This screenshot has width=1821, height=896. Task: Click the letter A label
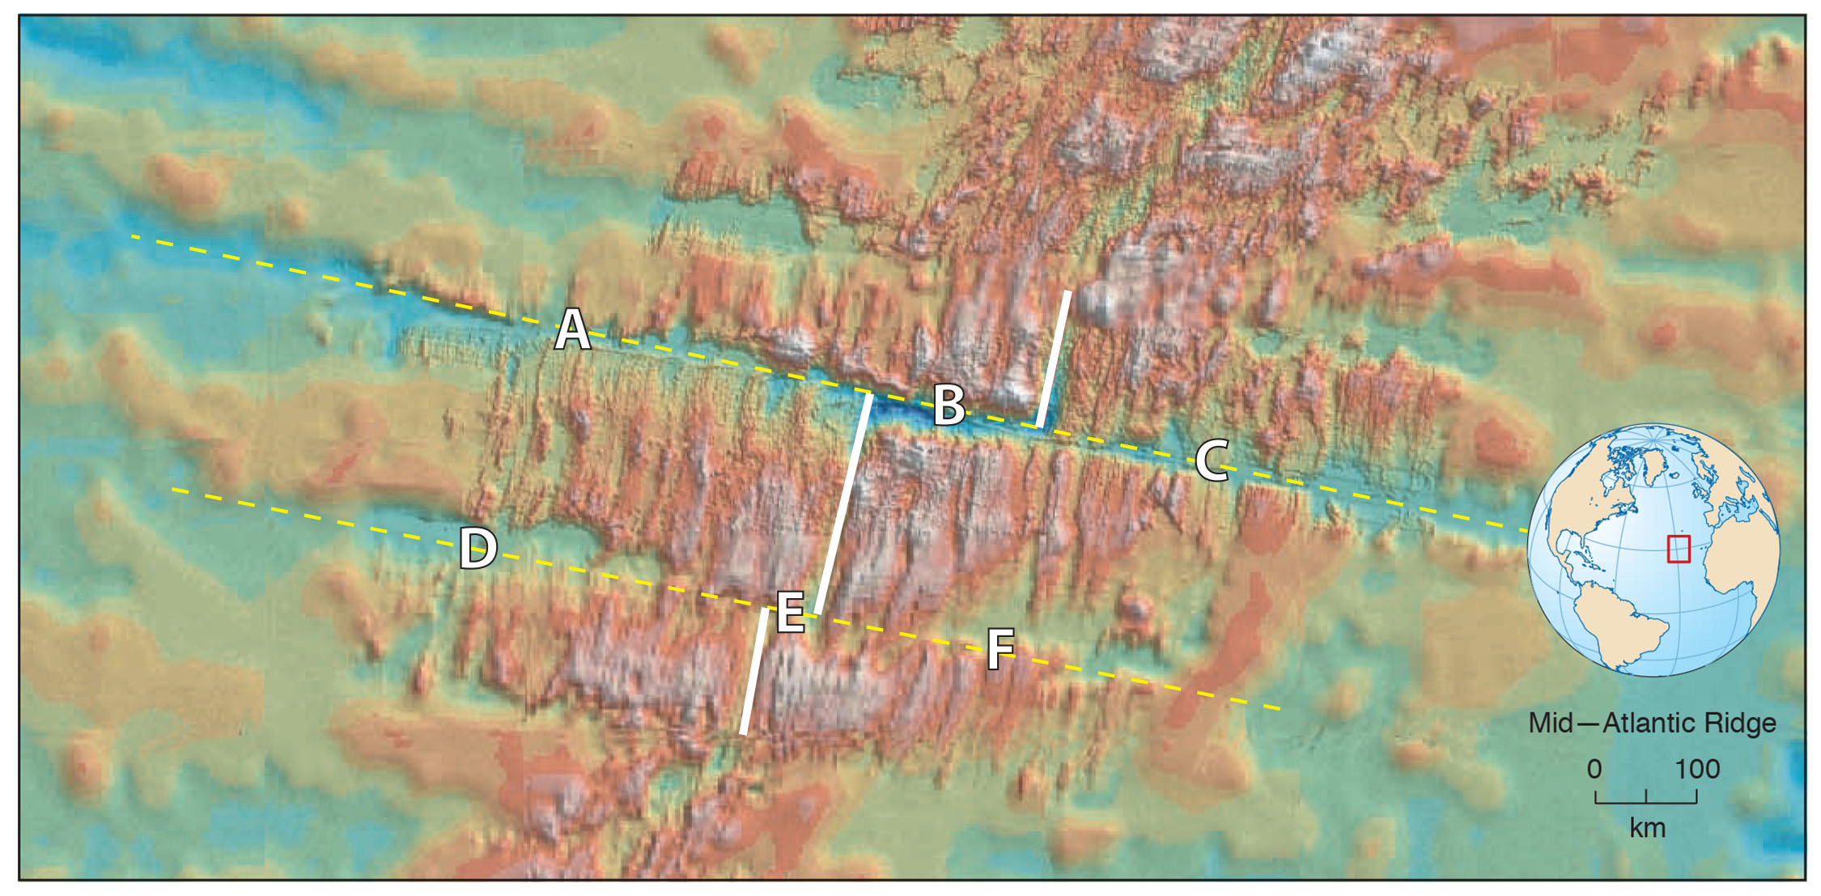[x=572, y=330]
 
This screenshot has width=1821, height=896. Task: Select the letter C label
[x=1212, y=461]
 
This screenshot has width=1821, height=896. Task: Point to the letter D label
[x=478, y=548]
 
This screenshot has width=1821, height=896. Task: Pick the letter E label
[x=791, y=612]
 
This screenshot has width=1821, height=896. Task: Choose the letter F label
[x=1000, y=649]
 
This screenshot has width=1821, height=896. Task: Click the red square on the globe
[x=1679, y=549]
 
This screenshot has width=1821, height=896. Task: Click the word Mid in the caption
[x=1550, y=723]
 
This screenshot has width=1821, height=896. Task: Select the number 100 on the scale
[x=1696, y=769]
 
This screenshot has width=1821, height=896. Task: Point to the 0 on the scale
[x=1594, y=769]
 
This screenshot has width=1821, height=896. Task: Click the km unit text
[x=1647, y=829]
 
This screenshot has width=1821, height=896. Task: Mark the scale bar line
[x=1646, y=801]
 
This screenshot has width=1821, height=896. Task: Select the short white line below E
[x=754, y=672]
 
